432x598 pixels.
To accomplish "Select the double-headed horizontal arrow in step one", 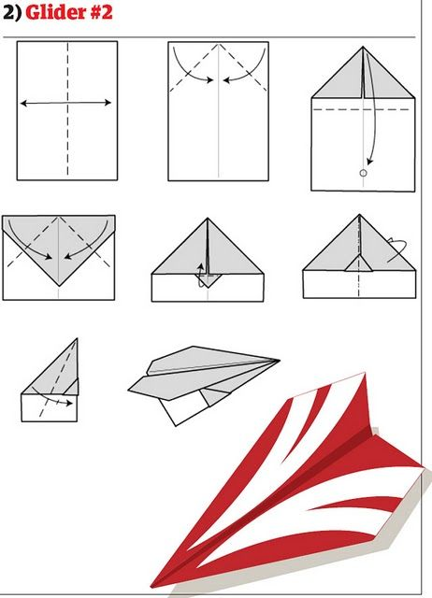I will pos(67,104).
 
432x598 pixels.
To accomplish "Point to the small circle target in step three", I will pos(363,174).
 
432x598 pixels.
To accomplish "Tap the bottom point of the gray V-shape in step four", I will pos(59,284).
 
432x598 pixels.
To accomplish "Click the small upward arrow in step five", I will pos(198,270).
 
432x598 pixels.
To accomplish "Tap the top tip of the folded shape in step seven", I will pos(77,340).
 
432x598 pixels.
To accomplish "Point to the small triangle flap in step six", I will pos(357,264).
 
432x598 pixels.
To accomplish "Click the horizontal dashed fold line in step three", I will pos(363,109).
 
